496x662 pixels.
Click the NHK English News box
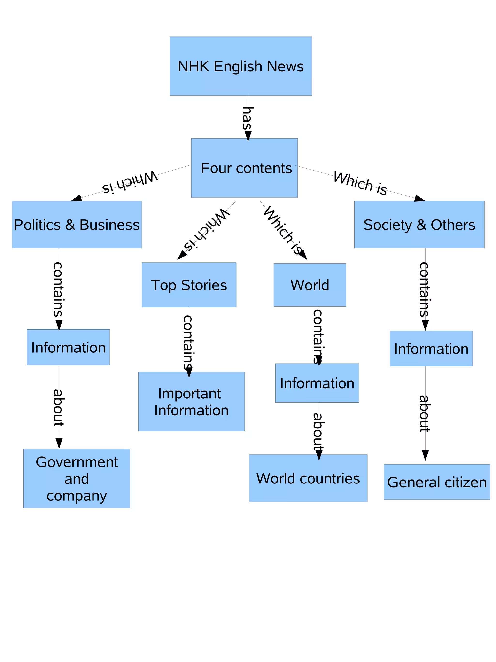tap(240, 66)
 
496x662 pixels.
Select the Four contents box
tap(244, 168)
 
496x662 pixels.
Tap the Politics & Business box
tap(77, 225)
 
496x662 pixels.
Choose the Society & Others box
tap(419, 225)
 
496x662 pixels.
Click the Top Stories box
tap(189, 285)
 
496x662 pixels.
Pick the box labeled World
tap(310, 285)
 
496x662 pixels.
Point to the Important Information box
tap(191, 402)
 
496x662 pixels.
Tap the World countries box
tap(308, 478)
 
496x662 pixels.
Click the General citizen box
tap(436, 482)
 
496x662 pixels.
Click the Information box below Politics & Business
tap(68, 347)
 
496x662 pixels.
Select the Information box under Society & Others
tap(431, 349)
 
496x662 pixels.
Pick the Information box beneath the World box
tap(317, 383)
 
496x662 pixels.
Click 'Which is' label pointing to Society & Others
tap(360, 183)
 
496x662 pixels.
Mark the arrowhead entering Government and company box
tap(59, 444)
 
